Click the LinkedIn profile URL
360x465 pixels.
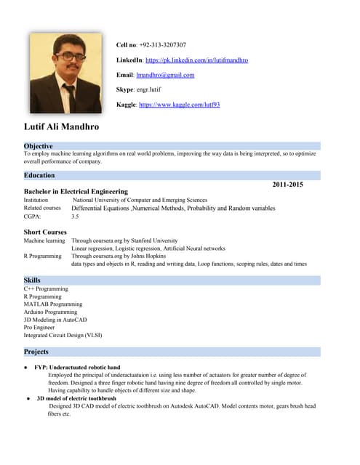pos(196,60)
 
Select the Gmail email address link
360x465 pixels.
pos(165,75)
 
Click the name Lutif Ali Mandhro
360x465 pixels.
pos(62,127)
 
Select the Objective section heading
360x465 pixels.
pos(38,146)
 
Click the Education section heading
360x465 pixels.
pos(39,175)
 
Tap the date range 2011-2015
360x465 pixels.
pos(287,185)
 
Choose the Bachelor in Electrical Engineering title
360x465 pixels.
pos(76,192)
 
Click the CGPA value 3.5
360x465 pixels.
pos(75,217)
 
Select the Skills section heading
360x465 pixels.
pos(32,280)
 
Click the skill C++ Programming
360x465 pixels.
pos(46,288)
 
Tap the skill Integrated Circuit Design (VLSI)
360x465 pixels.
pos(63,335)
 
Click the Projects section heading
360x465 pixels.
pos(36,352)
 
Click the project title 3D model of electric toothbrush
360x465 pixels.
pos(76,399)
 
